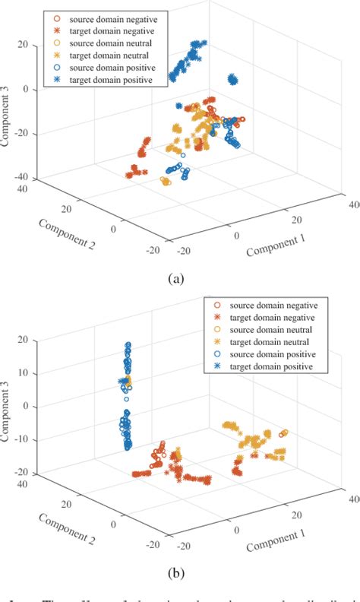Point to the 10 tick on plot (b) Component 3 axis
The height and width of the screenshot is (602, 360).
pos(22,373)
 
